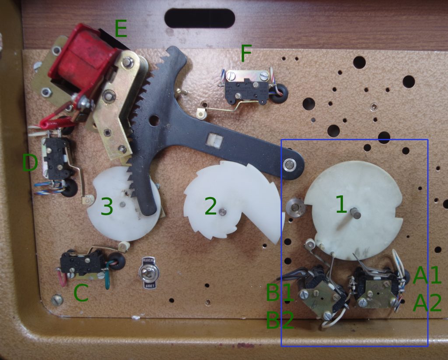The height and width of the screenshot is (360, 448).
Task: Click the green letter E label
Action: point(121,28)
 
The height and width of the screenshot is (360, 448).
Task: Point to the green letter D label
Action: point(30,163)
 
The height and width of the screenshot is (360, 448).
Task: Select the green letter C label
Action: point(81,293)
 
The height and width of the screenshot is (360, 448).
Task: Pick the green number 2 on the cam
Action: point(211,206)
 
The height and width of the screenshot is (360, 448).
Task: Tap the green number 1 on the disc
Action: point(341,205)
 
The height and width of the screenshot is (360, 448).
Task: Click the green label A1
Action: point(427,275)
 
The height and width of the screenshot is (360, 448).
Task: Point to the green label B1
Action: point(280,293)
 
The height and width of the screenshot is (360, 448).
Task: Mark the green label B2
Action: point(280,320)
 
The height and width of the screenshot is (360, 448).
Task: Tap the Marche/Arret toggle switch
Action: point(149,273)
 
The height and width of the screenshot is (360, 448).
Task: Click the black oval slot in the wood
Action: point(199,18)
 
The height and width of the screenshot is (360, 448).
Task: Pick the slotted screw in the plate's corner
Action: point(57,300)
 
